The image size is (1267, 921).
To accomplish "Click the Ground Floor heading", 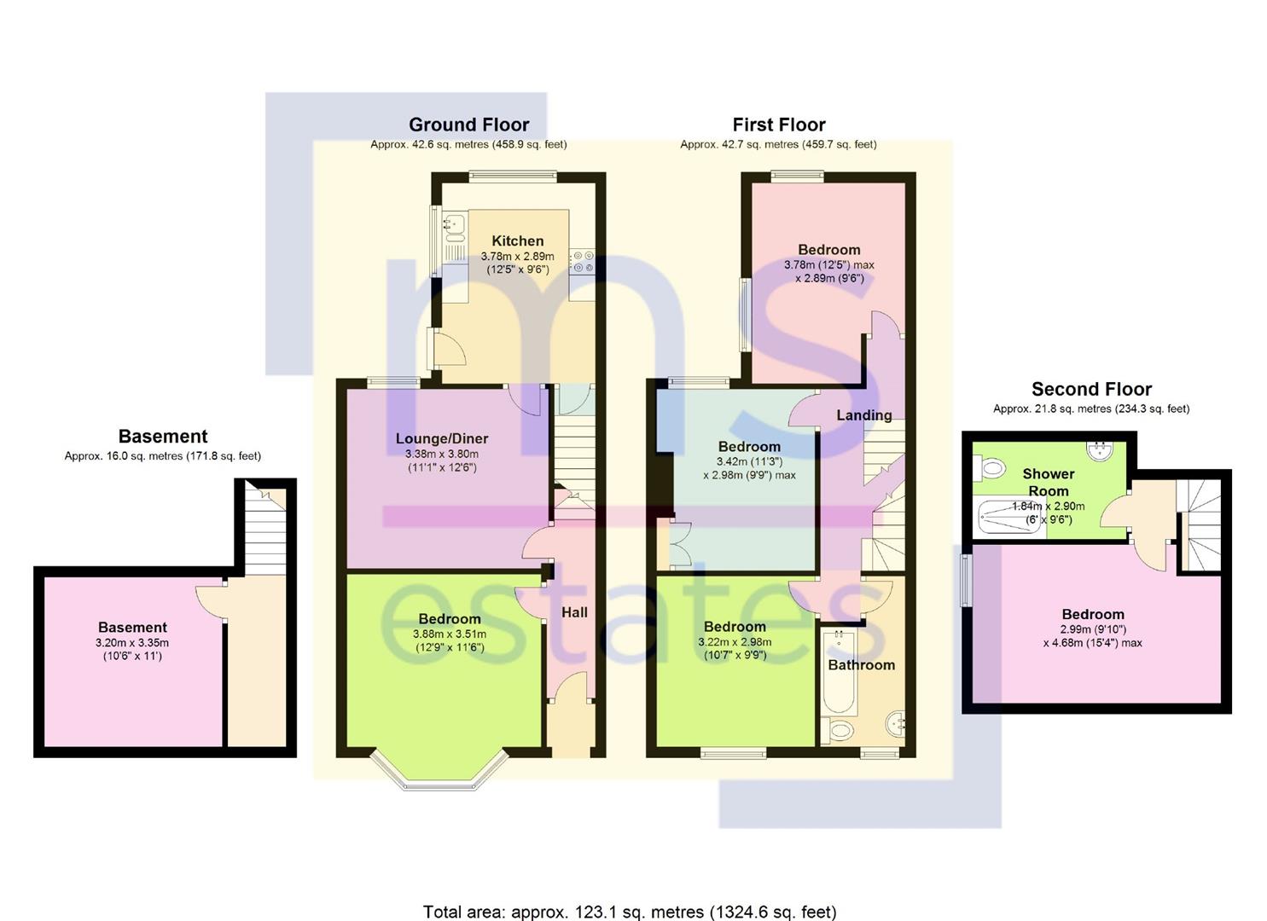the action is (x=469, y=125).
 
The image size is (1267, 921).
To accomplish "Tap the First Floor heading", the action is (x=779, y=125).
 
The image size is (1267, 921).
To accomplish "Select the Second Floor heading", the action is (x=1091, y=389).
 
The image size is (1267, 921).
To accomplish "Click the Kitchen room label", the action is (x=518, y=240).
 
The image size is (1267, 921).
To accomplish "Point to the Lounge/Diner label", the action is (x=442, y=438).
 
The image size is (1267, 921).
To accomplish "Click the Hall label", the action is (x=574, y=612).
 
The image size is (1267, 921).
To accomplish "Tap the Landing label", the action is (x=864, y=415).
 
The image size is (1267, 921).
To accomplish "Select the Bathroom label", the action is (x=862, y=665).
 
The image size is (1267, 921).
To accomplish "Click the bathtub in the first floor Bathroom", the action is (x=838, y=672).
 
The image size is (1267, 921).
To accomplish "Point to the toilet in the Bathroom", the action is (x=837, y=731).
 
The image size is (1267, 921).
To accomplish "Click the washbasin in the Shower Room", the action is (x=1100, y=450).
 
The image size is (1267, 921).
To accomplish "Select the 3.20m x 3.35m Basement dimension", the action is (x=132, y=643).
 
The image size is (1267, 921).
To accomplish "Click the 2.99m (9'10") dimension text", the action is (x=1093, y=629).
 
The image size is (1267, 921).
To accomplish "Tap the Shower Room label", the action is (x=1048, y=483).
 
